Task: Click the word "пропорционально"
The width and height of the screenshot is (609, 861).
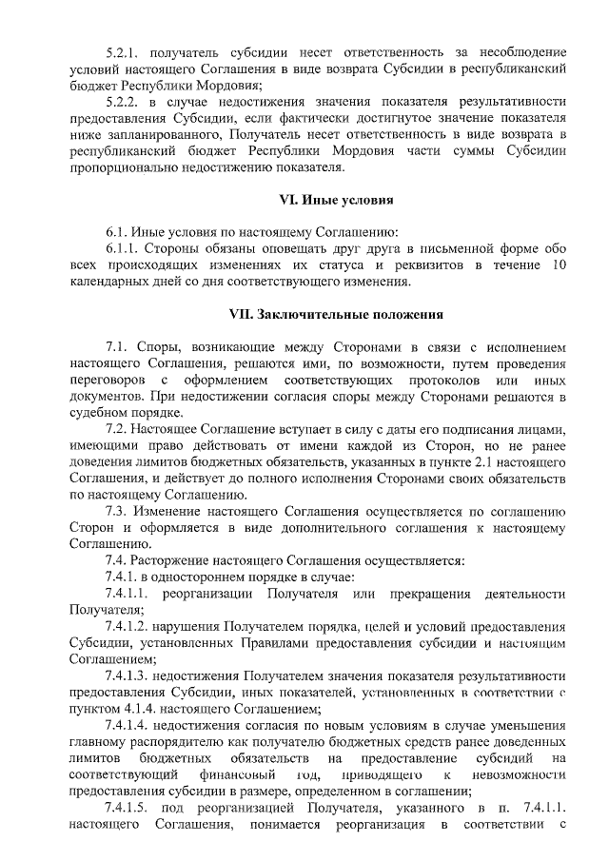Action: point(125,167)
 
